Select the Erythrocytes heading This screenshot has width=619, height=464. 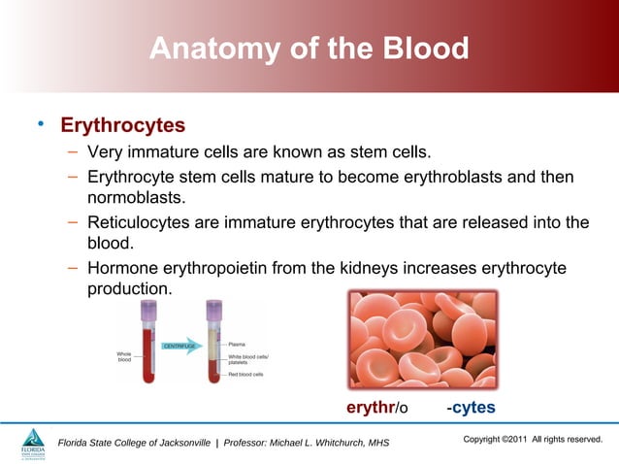[x=122, y=126]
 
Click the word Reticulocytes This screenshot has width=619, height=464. [x=139, y=222]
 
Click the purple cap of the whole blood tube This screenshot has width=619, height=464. [x=148, y=310]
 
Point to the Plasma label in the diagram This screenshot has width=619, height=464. [x=236, y=343]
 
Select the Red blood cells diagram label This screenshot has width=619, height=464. [x=245, y=374]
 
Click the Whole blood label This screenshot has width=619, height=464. [x=124, y=357]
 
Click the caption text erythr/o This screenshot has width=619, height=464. [x=377, y=408]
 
